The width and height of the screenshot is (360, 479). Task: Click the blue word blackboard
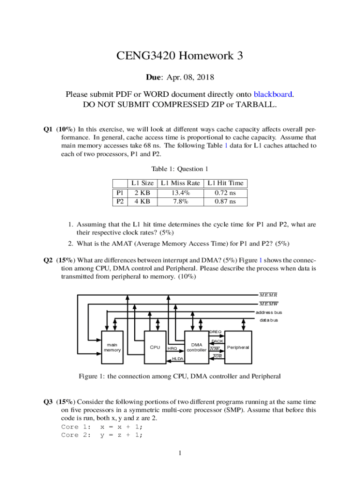tap(273, 94)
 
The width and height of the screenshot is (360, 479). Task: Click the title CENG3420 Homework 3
tap(180, 56)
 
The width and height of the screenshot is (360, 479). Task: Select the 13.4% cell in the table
tap(180, 193)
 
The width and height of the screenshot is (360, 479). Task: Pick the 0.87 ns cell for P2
tap(225, 202)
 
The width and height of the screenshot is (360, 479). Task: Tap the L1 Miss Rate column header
tap(180, 183)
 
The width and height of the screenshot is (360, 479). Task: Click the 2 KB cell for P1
tap(142, 193)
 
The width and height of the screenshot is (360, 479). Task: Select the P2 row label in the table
tap(120, 202)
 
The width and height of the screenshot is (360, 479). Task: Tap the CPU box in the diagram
tap(155, 347)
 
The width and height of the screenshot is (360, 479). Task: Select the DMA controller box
tap(196, 347)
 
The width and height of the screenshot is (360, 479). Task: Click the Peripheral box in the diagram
tap(238, 348)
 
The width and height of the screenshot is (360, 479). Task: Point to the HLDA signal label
tap(178, 359)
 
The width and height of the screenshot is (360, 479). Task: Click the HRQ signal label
tap(172, 348)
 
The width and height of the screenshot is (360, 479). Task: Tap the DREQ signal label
tap(215, 332)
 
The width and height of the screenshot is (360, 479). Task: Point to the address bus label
tap(268, 312)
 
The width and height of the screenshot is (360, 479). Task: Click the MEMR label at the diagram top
tap(268, 295)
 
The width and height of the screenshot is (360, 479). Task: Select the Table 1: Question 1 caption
tap(180, 169)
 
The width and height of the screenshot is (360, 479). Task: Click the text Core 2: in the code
tap(77, 435)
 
